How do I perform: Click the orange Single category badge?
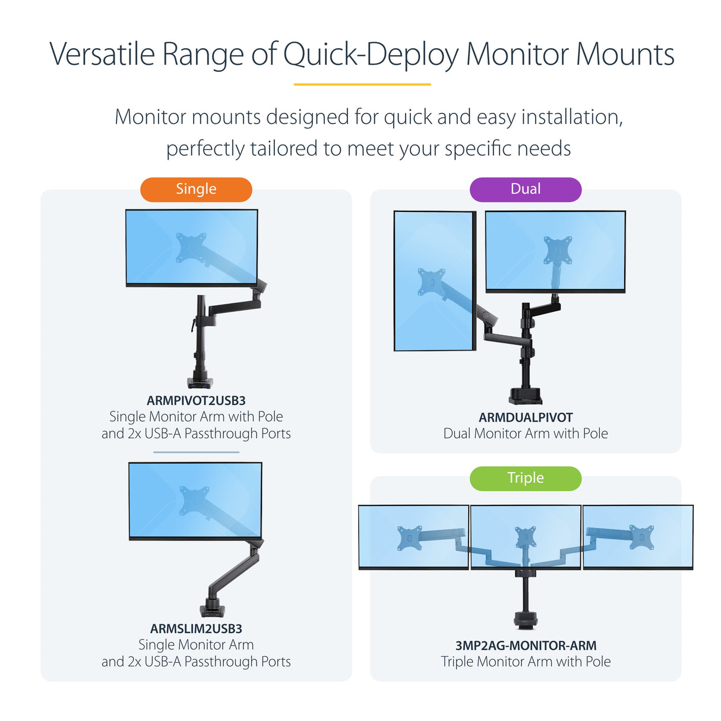coord(196,189)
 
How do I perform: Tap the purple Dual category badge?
coord(525,189)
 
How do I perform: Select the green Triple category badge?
coord(525,478)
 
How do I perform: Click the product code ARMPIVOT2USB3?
coord(196,401)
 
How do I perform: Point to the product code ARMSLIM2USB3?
coord(196,629)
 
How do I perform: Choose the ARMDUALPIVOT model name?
coord(526,418)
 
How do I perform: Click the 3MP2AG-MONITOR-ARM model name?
coord(526,646)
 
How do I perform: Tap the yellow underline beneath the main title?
coord(362,84)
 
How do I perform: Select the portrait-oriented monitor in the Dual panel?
coord(435,281)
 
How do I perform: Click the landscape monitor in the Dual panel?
coord(555,251)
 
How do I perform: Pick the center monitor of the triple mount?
coord(526,537)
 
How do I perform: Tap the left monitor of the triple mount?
coord(413,537)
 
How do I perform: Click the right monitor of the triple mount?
coord(638,537)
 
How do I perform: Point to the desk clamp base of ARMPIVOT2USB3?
coord(200,382)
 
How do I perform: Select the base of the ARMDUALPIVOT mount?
coord(525,396)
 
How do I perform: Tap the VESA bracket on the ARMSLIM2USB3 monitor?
coord(195,501)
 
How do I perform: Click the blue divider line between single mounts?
coord(196,452)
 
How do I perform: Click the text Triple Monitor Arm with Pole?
coord(526,662)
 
